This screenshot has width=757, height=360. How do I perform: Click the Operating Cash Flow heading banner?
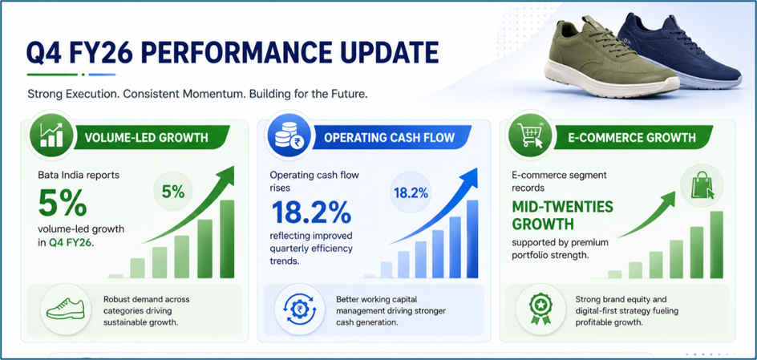tap(390, 138)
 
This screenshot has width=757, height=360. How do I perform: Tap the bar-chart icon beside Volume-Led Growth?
tap(51, 135)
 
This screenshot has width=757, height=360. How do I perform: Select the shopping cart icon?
tap(530, 135)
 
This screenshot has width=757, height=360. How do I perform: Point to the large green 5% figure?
tap(63, 204)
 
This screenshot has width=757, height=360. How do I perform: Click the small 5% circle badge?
tap(173, 193)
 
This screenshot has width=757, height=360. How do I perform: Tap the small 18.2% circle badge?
tap(411, 193)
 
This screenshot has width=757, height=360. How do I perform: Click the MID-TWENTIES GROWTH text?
tap(562, 216)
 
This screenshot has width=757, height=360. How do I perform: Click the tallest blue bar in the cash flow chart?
tap(472, 239)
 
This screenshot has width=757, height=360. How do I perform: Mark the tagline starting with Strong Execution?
tap(198, 94)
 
